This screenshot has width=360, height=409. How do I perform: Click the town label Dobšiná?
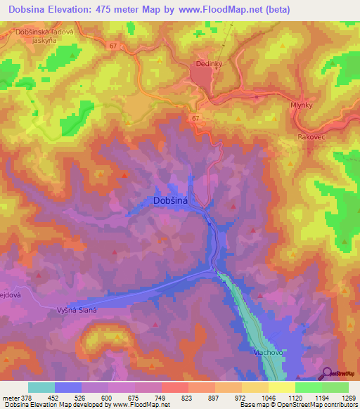[172, 201]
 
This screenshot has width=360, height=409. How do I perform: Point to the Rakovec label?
[310, 138]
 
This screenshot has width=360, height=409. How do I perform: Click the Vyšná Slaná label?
[77, 310]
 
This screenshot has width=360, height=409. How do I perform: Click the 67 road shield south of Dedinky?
[195, 119]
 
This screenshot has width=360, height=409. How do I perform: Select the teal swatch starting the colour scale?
[41, 387]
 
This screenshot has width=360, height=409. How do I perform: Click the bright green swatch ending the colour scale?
[335, 387]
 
